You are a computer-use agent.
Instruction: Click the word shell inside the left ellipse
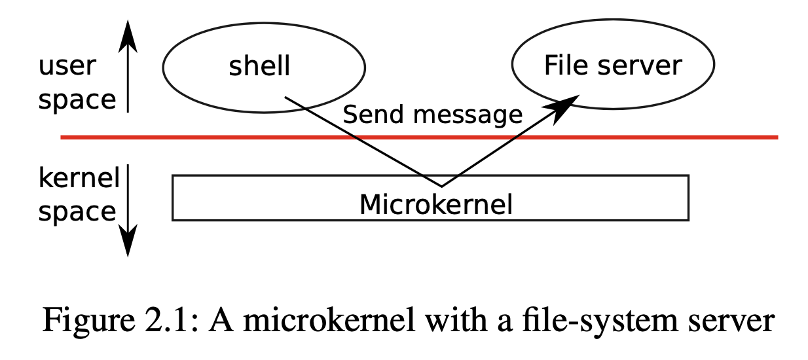click(x=259, y=67)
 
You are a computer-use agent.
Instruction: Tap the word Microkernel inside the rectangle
click(x=435, y=205)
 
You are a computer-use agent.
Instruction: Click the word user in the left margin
click(x=67, y=65)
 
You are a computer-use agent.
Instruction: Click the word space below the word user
click(x=77, y=100)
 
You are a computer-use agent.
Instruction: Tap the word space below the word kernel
click(x=77, y=212)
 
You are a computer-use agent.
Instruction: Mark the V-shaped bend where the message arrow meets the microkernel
click(x=442, y=185)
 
